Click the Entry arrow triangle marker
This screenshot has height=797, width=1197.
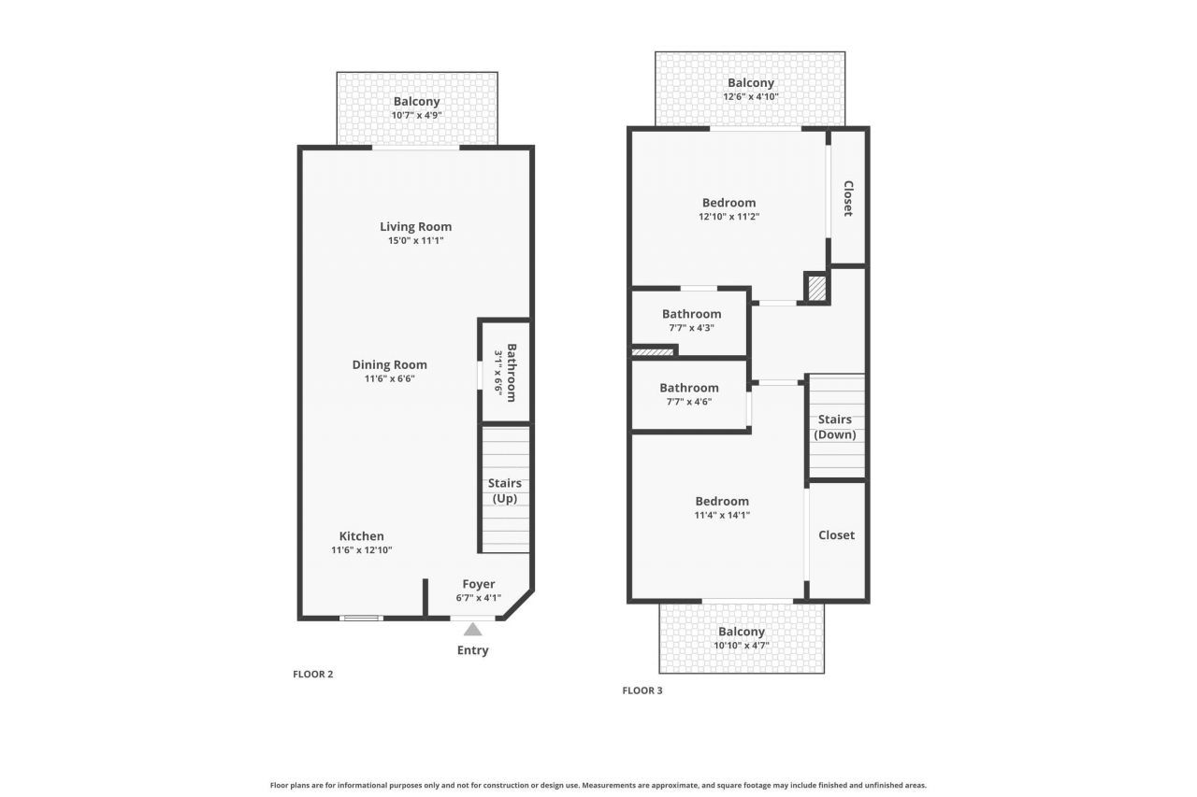[x=473, y=630]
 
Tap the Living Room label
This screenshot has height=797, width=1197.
[x=415, y=226]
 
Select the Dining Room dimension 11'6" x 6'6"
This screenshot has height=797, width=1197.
[x=389, y=378]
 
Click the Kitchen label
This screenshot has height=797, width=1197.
[x=361, y=536]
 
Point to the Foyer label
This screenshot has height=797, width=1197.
[x=478, y=584]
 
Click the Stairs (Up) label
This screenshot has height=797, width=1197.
[x=504, y=491]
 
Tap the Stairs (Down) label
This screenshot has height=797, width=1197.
[x=835, y=427]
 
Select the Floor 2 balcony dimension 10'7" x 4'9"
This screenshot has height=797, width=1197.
[x=416, y=115]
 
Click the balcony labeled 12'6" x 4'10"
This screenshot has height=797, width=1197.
[x=751, y=89]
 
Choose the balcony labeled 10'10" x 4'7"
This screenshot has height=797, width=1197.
[x=742, y=638]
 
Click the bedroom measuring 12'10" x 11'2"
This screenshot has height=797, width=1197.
[x=728, y=208]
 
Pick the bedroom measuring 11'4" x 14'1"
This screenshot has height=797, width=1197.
[x=721, y=507]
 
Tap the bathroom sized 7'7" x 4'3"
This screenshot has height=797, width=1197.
[x=691, y=320]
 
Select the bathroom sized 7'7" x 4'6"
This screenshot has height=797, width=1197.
[x=689, y=394]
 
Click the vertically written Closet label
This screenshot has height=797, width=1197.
[x=848, y=198]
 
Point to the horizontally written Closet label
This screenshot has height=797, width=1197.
[x=836, y=535]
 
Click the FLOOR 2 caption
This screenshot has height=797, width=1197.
[x=312, y=674]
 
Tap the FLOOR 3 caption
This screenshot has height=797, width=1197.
[x=642, y=690]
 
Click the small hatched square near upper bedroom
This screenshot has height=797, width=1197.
[x=816, y=288]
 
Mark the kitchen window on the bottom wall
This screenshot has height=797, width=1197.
[x=361, y=618]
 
